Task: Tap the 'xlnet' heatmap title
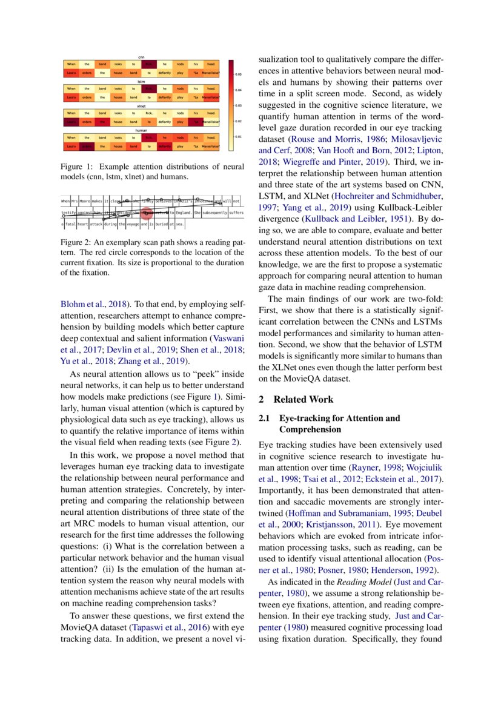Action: point(141,105)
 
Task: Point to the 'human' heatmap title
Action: point(141,129)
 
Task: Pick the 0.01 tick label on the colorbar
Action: point(238,137)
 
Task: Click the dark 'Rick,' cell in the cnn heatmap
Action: point(148,64)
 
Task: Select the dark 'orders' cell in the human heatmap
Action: point(87,146)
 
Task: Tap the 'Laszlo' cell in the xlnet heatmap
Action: point(71,122)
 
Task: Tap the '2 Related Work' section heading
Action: point(295,400)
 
